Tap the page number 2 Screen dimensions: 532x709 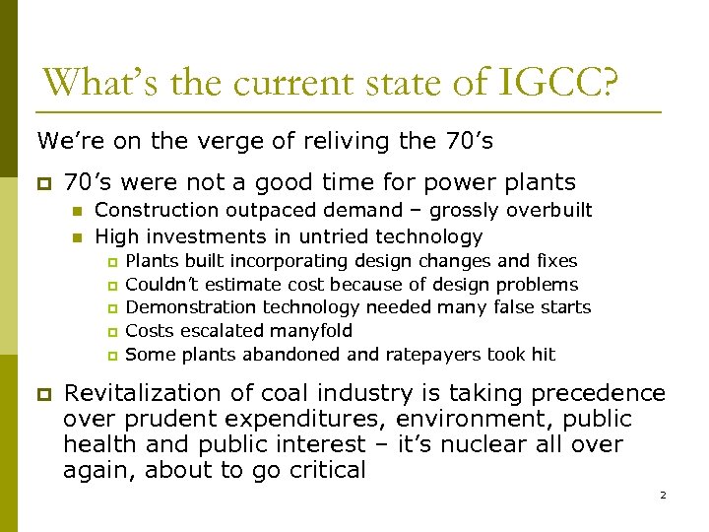pyautogui.click(x=663, y=495)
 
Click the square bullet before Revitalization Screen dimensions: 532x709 pyautogui.click(x=41, y=394)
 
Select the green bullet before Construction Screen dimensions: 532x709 pyautogui.click(x=74, y=211)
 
